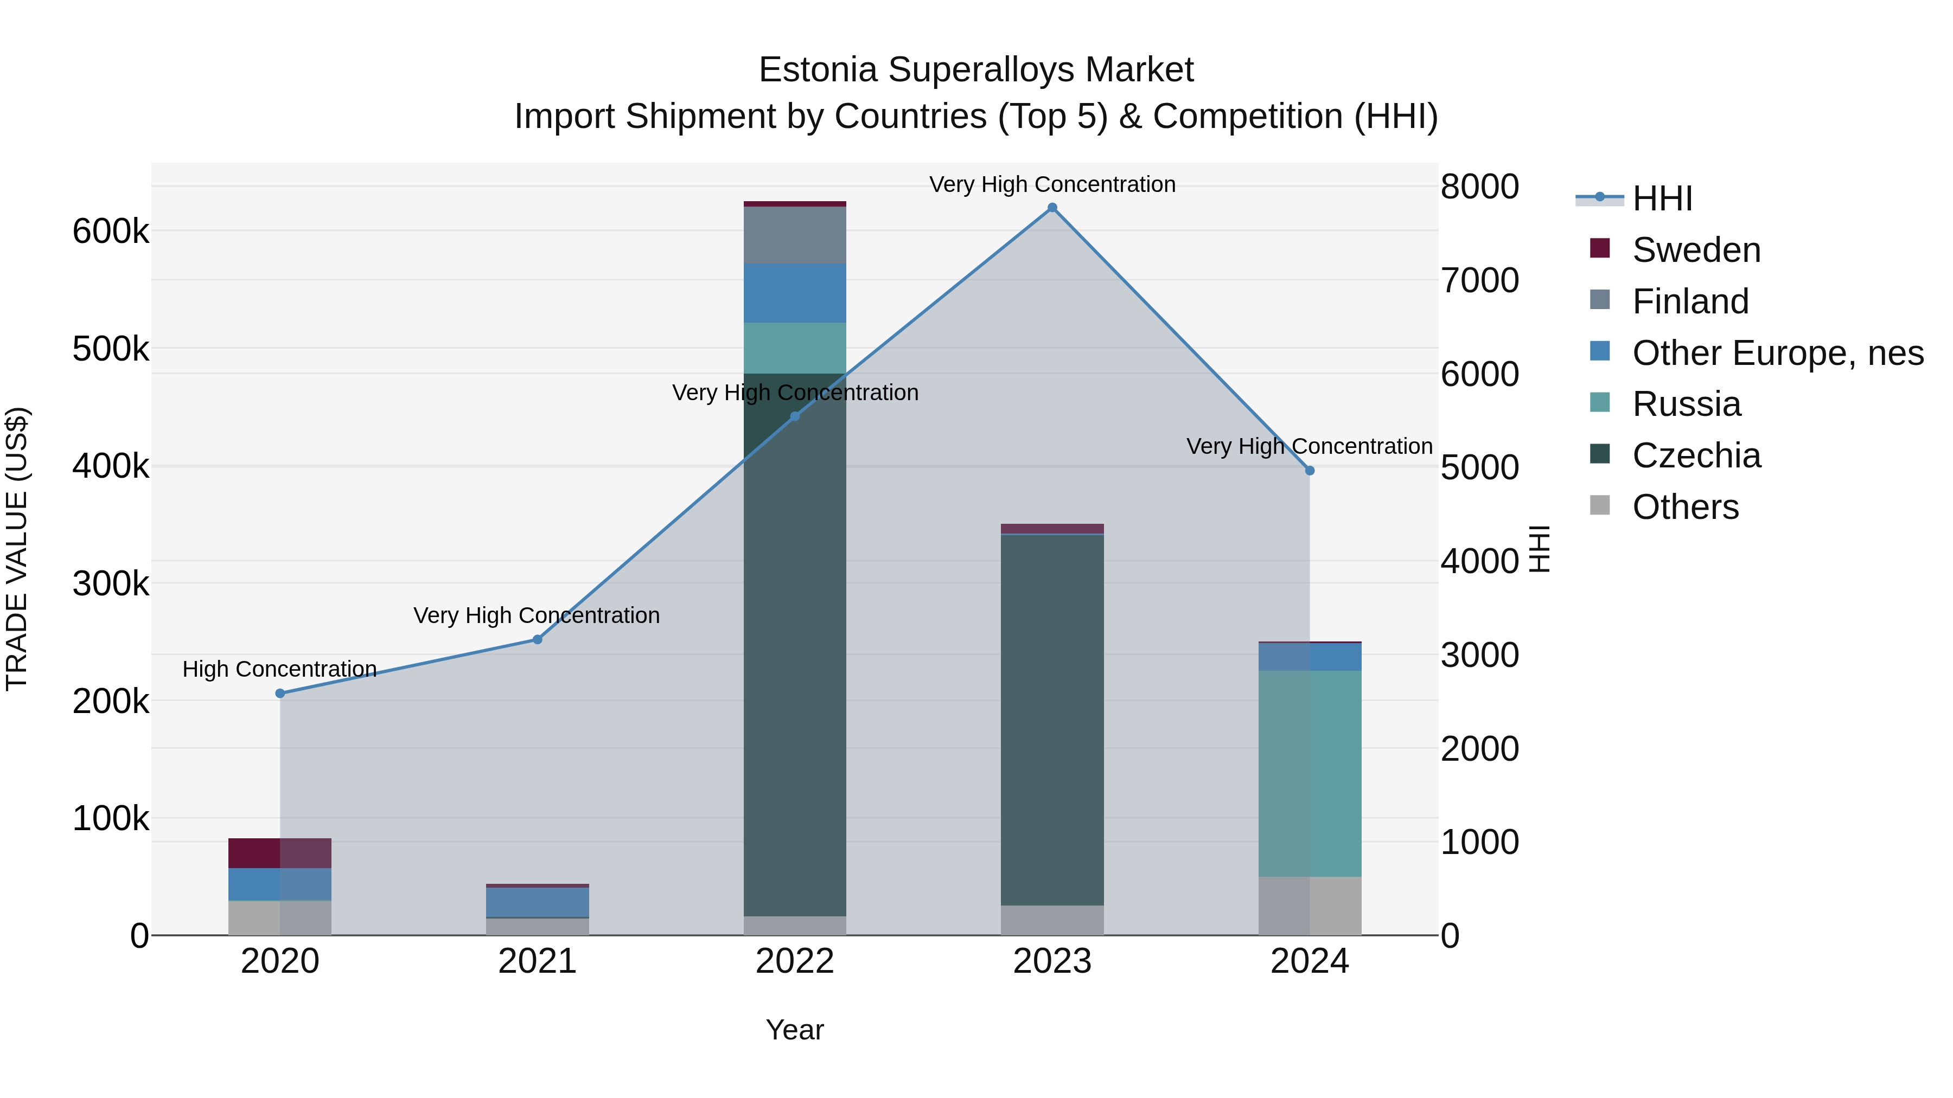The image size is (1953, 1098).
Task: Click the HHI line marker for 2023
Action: (1052, 208)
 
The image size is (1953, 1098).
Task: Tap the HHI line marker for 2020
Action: (280, 694)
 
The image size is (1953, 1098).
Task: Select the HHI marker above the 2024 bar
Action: (1310, 471)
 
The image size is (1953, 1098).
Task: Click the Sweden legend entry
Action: (1696, 250)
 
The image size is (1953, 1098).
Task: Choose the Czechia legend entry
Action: (1696, 455)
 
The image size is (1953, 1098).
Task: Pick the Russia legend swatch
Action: (1600, 403)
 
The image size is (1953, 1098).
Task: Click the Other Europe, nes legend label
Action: (1778, 353)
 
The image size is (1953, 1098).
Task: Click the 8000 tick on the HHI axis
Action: (1479, 187)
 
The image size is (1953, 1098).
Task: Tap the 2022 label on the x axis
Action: (795, 961)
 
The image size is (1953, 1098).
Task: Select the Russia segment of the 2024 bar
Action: (1310, 773)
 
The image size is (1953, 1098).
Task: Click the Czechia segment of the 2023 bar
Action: (1052, 720)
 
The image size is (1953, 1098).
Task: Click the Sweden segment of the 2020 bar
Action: (280, 853)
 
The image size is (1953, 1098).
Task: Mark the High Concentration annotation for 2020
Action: (280, 669)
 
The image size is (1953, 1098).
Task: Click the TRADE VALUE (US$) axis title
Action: (17, 549)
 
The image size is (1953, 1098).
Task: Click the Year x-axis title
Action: (795, 1030)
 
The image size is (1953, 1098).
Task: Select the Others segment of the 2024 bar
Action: (1310, 906)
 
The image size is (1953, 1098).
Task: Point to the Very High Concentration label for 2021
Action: (537, 615)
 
